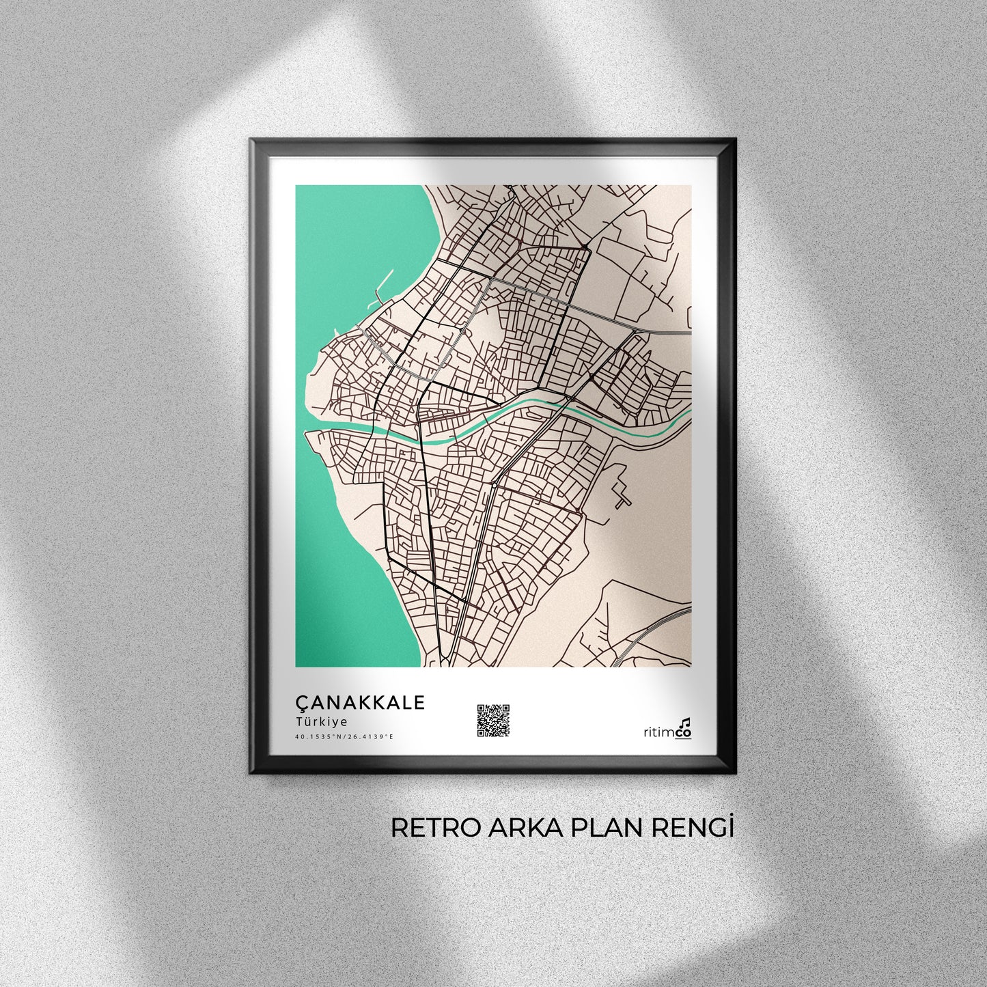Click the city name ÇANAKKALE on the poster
[359, 702]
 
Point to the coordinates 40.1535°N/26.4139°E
[344, 736]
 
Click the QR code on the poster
[493, 720]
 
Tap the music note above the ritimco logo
[686, 721]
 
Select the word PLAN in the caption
[603, 827]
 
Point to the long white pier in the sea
[384, 283]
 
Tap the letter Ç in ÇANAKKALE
[301, 703]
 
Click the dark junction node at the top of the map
[585, 245]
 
